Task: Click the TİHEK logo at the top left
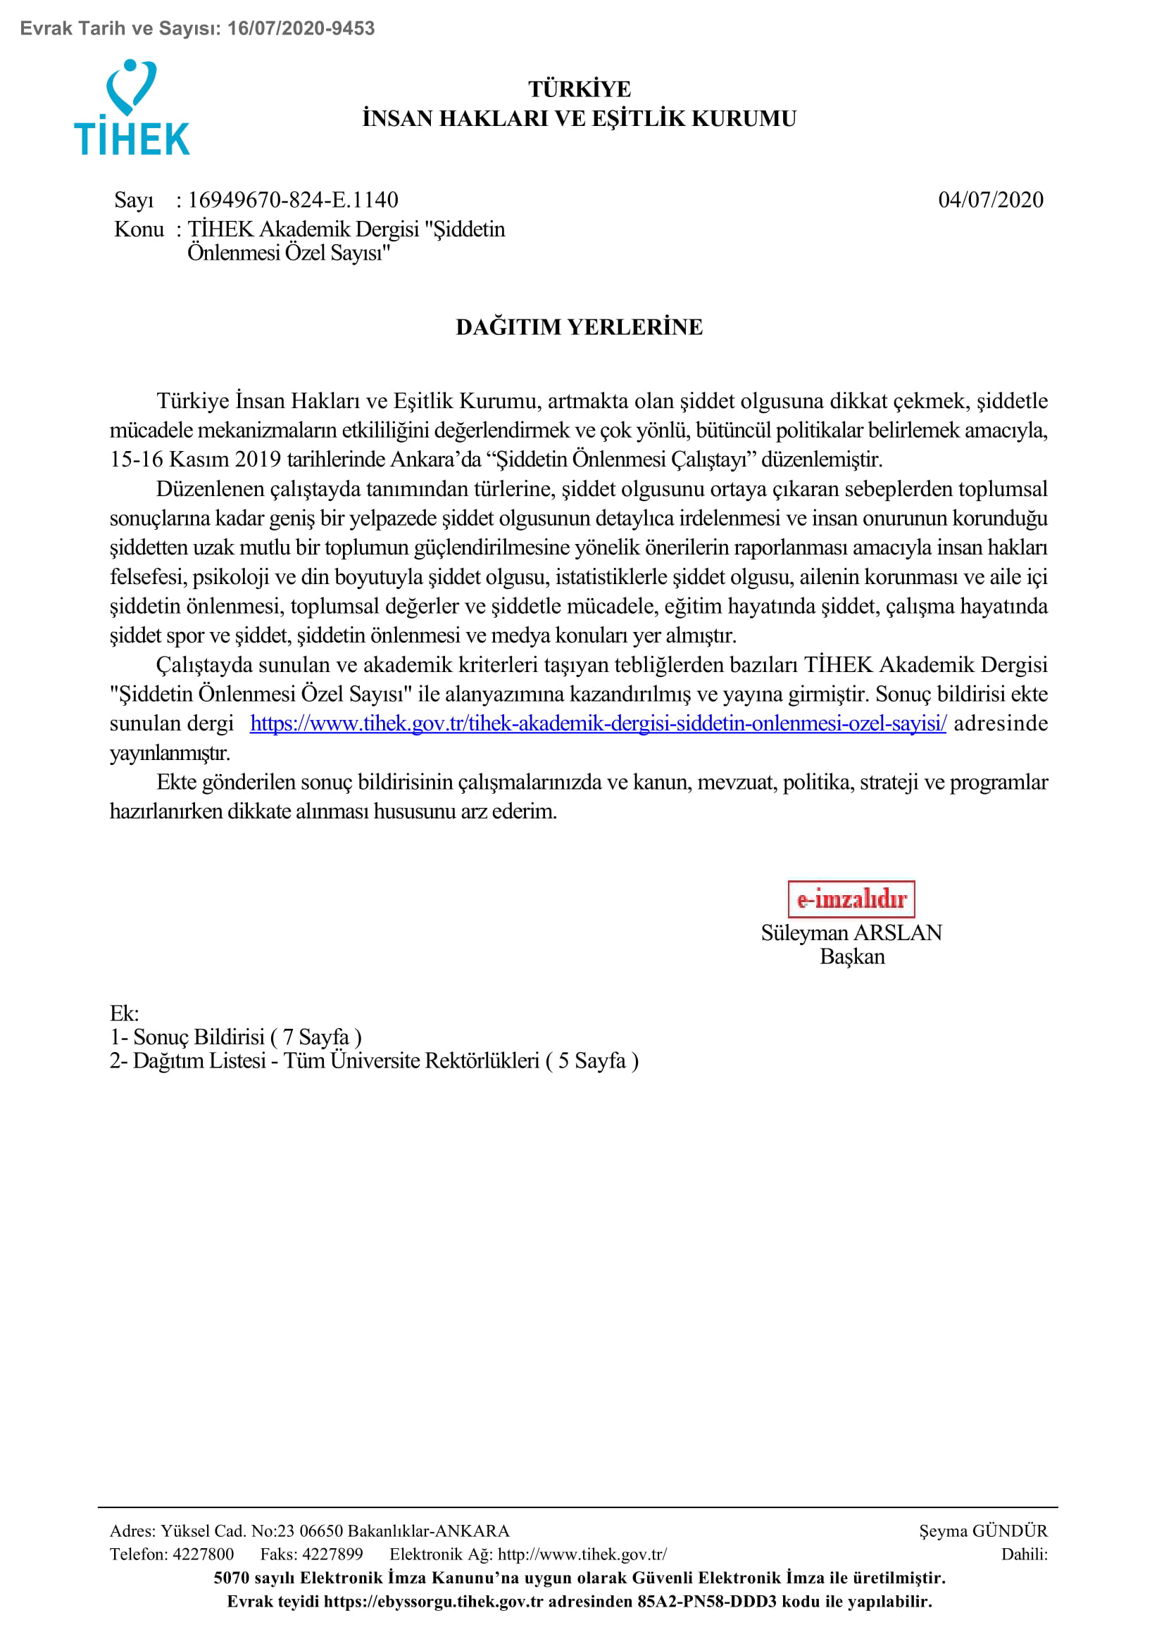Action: click(x=132, y=108)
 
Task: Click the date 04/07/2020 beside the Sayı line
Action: click(x=991, y=200)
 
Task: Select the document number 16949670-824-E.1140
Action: click(x=293, y=200)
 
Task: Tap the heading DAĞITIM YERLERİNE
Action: click(x=580, y=327)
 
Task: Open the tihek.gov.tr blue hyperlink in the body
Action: click(x=598, y=723)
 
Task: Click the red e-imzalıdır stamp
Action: click(x=851, y=899)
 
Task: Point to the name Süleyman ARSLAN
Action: click(x=851, y=932)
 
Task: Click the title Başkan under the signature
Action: click(x=852, y=957)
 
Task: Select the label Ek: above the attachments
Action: click(x=124, y=1013)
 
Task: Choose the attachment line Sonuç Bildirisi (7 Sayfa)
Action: click(x=236, y=1037)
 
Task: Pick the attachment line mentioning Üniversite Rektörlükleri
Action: click(x=374, y=1061)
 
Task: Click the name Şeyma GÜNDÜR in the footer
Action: click(x=983, y=1531)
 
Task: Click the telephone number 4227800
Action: click(x=203, y=1555)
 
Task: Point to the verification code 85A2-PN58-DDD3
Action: click(x=706, y=1602)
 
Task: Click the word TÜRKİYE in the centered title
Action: click(x=580, y=89)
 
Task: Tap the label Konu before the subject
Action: click(x=139, y=229)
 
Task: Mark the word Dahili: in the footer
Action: click(x=1024, y=1555)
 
